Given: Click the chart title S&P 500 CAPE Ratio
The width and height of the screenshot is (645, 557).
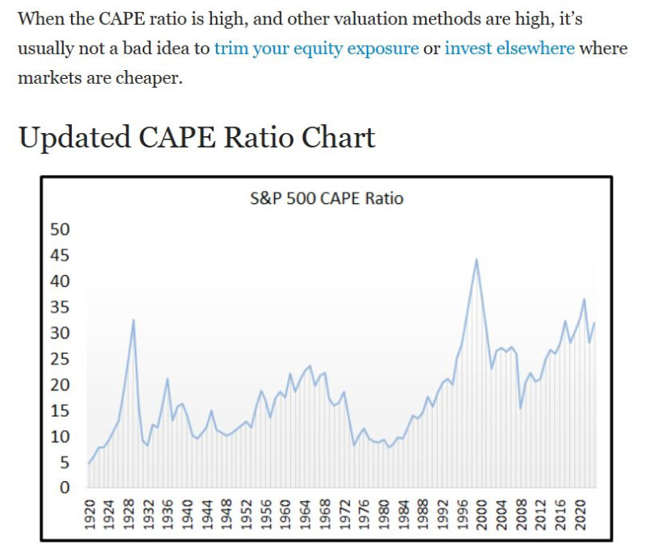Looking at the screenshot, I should pyautogui.click(x=326, y=197).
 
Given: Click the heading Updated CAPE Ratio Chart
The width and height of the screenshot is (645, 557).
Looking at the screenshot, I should pyautogui.click(x=196, y=138).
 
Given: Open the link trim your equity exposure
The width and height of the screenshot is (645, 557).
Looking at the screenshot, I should pyautogui.click(x=316, y=48).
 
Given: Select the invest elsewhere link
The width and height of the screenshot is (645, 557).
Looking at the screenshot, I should pyautogui.click(x=510, y=48).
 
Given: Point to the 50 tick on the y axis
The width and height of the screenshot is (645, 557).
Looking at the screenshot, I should pyautogui.click(x=60, y=230).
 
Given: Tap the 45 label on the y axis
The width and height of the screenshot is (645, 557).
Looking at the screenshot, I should pyautogui.click(x=60, y=256).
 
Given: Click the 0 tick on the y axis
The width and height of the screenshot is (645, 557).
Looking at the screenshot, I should pyautogui.click(x=65, y=488).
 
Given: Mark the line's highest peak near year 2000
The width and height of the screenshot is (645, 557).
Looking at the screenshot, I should pyautogui.click(x=477, y=259).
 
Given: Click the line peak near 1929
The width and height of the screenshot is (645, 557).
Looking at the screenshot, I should pyautogui.click(x=133, y=320).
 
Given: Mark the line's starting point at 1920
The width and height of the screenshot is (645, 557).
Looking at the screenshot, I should pyautogui.click(x=89, y=463).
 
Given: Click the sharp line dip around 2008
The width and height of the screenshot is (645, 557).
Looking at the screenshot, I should pyautogui.click(x=520, y=408).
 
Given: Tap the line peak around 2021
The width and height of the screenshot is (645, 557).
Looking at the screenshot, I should pyautogui.click(x=585, y=299).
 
